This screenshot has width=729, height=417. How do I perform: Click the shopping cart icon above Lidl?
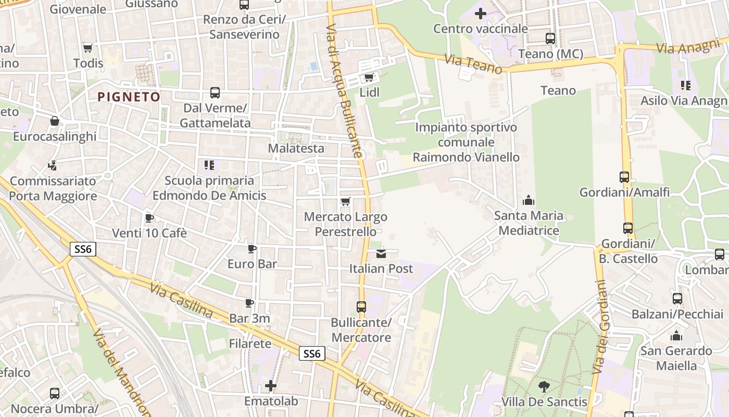pyautogui.click(x=369, y=78)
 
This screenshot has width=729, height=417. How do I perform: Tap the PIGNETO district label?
pyautogui.click(x=129, y=96)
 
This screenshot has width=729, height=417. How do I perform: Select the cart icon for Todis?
pyautogui.click(x=87, y=48)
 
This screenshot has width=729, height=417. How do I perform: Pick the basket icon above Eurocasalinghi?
pyautogui.click(x=55, y=121)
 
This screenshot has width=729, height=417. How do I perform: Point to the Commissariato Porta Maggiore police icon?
pyautogui.click(x=52, y=166)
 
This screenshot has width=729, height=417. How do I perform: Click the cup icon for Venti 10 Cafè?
pyautogui.click(x=149, y=218)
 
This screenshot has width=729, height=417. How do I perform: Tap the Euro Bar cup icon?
pyautogui.click(x=252, y=249)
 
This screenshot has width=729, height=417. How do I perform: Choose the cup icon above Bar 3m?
pyautogui.click(x=249, y=303)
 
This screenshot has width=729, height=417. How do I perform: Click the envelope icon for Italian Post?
pyautogui.click(x=381, y=253)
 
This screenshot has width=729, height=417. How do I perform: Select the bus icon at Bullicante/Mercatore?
pyautogui.click(x=361, y=307)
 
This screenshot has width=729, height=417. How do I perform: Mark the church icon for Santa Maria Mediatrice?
pyautogui.click(x=529, y=200)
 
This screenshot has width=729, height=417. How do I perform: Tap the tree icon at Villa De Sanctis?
pyautogui.click(x=544, y=386)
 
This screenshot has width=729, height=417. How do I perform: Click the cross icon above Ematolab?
pyautogui.click(x=271, y=386)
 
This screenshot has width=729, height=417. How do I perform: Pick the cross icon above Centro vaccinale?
pyautogui.click(x=481, y=13)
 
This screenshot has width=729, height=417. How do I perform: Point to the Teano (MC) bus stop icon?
pyautogui.click(x=550, y=38)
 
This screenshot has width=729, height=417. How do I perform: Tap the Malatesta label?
pyautogui.click(x=296, y=149)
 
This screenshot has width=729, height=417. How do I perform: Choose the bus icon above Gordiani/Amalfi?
pyautogui.click(x=624, y=177)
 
